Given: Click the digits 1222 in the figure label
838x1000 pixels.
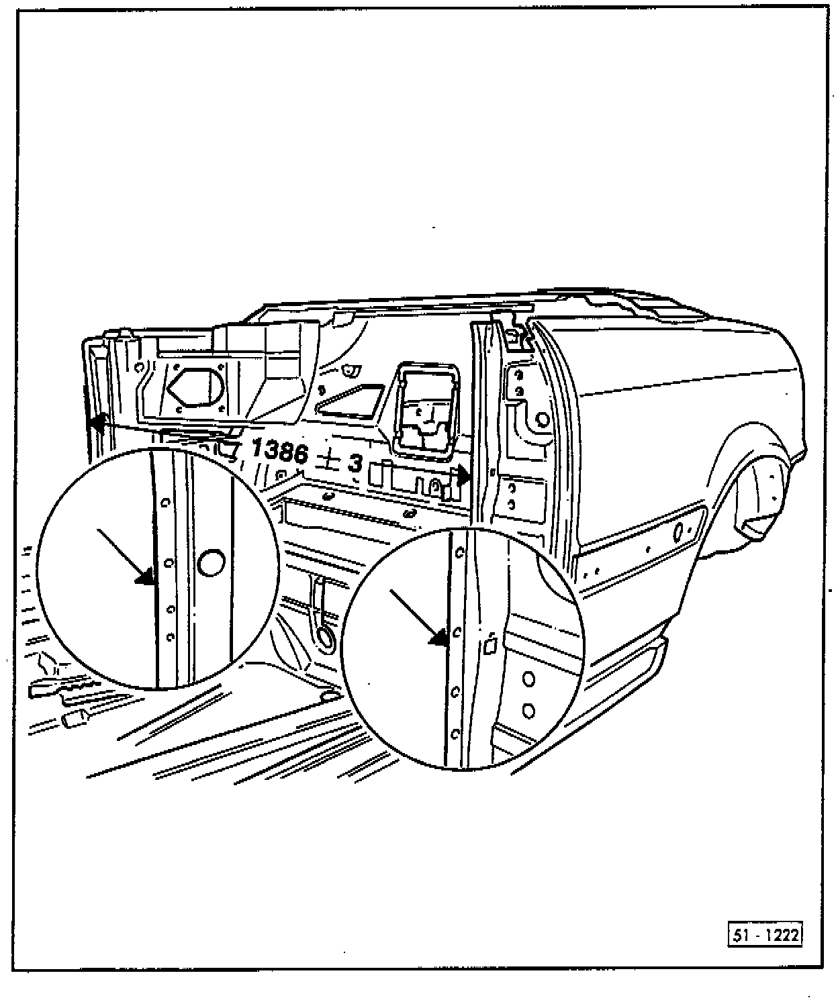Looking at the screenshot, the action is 782,934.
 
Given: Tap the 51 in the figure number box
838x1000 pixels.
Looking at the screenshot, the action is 741,934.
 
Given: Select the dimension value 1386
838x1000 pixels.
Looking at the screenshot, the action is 280,452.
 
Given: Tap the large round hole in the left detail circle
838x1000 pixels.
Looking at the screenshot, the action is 211,561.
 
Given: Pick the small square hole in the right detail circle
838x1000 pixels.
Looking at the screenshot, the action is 490,645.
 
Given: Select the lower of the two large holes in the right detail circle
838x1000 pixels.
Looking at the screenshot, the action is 528,709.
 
